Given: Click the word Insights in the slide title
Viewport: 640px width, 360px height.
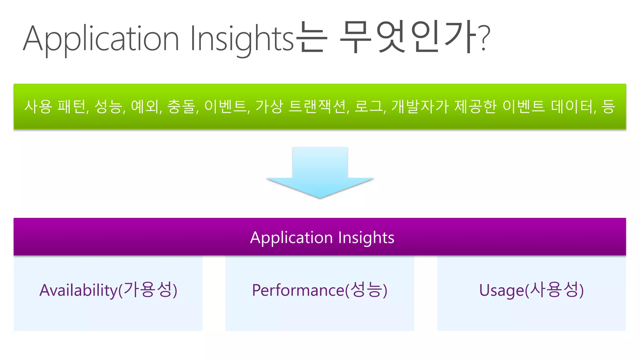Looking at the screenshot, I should point(242,39).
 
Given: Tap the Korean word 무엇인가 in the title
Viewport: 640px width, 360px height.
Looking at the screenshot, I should point(408,37).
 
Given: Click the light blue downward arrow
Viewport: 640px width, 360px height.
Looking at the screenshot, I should point(320,172).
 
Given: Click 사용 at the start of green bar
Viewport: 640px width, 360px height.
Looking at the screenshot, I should point(38,107).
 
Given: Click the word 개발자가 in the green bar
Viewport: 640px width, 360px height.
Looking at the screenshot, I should point(420,107).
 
